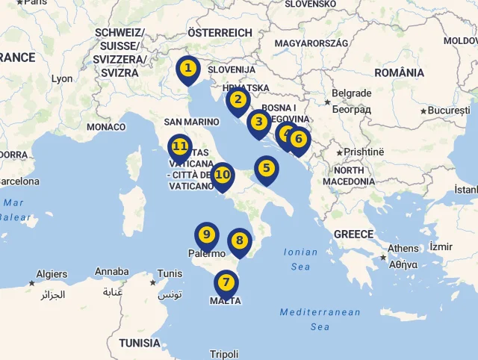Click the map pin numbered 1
coord(188,69)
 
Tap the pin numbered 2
coord(238,99)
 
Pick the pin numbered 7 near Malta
coord(226,282)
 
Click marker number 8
coord(239,240)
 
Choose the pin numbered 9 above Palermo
coord(207,235)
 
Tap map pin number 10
coord(222,175)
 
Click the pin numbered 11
coord(180,146)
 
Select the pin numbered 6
coord(299,138)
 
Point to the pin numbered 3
coord(258,122)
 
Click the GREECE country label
coord(353,234)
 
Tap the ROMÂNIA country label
coord(399,72)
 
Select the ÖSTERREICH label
coord(220,33)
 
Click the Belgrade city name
coord(351,93)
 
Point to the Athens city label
coord(403,249)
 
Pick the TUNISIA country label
coord(139,343)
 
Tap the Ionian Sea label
coord(300,259)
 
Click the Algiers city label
coord(52,274)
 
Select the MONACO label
coord(106,127)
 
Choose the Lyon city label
coord(62,78)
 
